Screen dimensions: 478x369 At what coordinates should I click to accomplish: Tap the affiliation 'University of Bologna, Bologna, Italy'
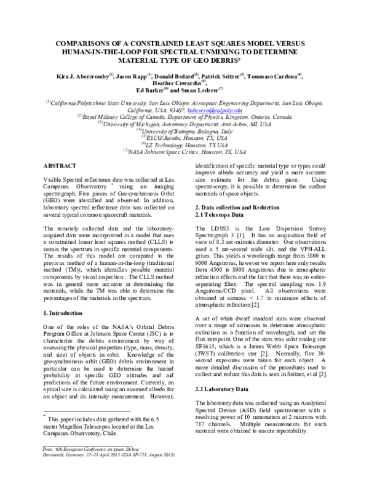coord(186,131)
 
